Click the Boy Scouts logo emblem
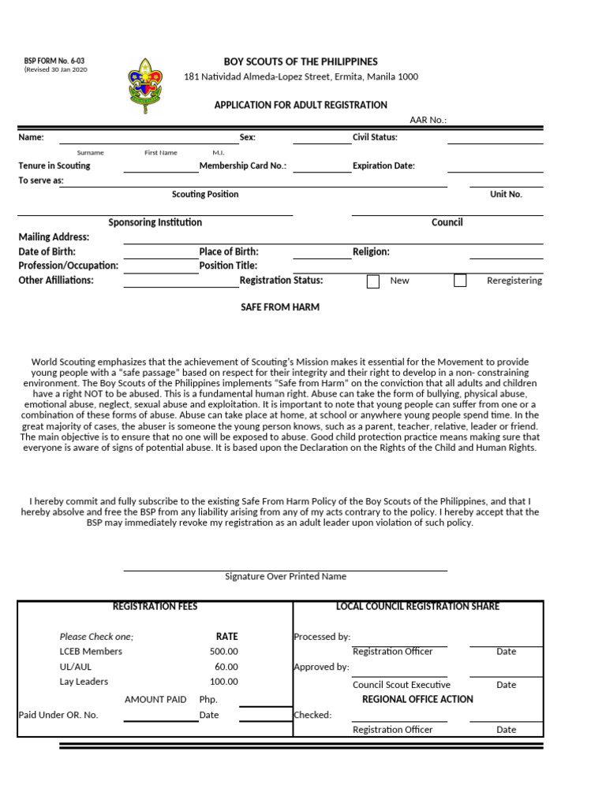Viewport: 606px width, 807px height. tap(146, 84)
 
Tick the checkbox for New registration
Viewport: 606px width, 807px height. tap(373, 281)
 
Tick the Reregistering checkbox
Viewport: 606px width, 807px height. tap(460, 281)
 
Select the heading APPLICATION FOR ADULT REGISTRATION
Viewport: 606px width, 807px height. tap(301, 105)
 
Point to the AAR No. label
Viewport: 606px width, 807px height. tap(428, 120)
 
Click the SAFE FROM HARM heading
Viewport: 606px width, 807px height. tap(280, 307)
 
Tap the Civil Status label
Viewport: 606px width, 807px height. tap(375, 137)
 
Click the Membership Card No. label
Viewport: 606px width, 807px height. tap(243, 166)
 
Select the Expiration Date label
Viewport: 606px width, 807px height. tap(383, 166)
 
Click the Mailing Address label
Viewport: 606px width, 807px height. tap(54, 237)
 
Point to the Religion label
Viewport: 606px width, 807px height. tap(371, 251)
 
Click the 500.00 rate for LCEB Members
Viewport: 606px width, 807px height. tap(223, 652)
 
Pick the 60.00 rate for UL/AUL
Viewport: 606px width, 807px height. tap(226, 667)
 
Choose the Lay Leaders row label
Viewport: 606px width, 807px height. tap(84, 682)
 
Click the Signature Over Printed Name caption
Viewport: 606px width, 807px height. tap(286, 576)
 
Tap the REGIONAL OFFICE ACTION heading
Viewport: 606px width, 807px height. tap(417, 699)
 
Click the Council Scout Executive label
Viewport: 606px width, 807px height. tap(402, 685)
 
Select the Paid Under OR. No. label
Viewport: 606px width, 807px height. tap(58, 715)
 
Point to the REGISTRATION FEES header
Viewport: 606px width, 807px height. tap(155, 606)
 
